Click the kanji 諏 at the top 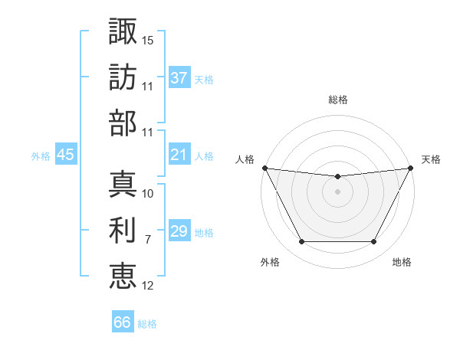[x=123, y=33]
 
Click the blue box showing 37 [x=179, y=78]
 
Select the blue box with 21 [x=179, y=155]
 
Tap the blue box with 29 [x=179, y=232]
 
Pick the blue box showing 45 [x=65, y=155]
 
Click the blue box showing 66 [x=123, y=322]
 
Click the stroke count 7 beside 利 [x=147, y=239]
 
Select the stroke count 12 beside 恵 [x=148, y=285]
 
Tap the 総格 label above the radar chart [x=337, y=100]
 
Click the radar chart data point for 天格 [x=411, y=167]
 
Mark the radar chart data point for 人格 [x=264, y=167]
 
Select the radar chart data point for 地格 [x=374, y=242]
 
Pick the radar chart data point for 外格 [x=301, y=242]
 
